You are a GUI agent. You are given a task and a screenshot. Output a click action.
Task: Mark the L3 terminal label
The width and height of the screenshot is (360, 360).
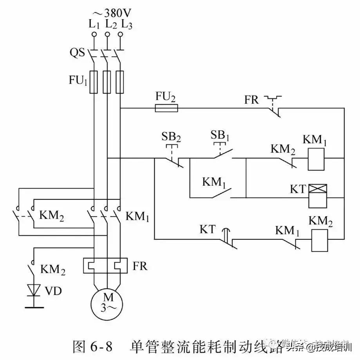pyautogui.click(x=127, y=24)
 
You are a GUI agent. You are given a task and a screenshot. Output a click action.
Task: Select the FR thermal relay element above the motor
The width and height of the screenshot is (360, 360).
pyautogui.click(x=107, y=266)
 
